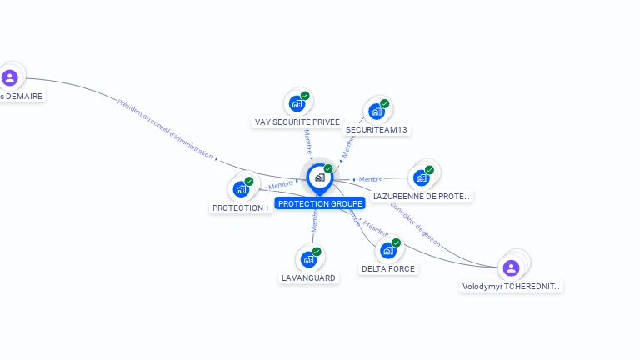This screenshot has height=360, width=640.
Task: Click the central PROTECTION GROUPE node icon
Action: (319, 177)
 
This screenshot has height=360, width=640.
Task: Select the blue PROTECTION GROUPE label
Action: (320, 203)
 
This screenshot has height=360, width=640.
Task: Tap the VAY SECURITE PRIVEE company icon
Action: (296, 104)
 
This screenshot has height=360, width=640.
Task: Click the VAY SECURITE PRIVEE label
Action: (297, 122)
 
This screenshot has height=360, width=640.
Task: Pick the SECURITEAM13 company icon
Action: (377, 112)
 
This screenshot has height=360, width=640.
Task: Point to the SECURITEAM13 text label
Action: (377, 130)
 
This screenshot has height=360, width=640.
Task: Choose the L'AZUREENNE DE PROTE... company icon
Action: (422, 177)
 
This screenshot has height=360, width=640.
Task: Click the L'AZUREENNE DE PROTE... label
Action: (422, 196)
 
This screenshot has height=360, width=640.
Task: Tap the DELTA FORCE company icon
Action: (388, 250)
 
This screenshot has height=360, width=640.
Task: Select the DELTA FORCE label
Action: (388, 268)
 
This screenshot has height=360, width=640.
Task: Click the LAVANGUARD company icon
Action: (308, 259)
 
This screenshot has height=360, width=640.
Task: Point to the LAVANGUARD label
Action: (308, 277)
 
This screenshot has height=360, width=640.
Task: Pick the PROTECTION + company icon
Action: (241, 189)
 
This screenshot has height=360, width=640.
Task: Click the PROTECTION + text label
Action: (241, 207)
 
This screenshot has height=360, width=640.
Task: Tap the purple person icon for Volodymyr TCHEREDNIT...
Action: (511, 267)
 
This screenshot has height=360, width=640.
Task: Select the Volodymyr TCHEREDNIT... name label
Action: (512, 286)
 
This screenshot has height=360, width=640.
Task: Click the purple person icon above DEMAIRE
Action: (10, 78)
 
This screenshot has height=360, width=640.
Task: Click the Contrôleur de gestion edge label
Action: (414, 224)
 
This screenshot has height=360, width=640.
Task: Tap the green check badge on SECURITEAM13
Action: (385, 103)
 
